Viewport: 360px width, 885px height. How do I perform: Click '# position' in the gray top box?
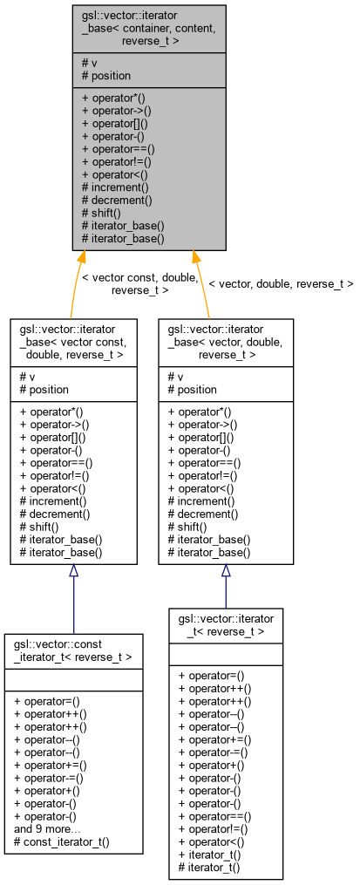coord(106,75)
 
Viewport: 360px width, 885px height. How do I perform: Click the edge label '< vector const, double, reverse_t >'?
coord(139,283)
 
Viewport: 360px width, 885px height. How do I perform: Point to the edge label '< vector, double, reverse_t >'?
coord(280,283)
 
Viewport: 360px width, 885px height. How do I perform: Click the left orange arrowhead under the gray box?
coord(82,258)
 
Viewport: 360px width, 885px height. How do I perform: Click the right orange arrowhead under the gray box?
coord(195,258)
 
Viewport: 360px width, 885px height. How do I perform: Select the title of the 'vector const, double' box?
coord(73,342)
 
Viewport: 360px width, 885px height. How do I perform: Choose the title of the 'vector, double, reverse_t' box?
coord(226,342)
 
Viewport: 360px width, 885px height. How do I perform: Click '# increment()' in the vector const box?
coord(53,501)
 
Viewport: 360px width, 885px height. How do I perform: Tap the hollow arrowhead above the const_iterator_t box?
coord(74,571)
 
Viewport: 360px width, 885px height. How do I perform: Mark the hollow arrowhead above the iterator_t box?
coord(226,571)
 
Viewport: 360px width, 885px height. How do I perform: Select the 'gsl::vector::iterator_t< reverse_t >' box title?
coord(226,625)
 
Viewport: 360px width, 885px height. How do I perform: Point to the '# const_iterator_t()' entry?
coord(66,842)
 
